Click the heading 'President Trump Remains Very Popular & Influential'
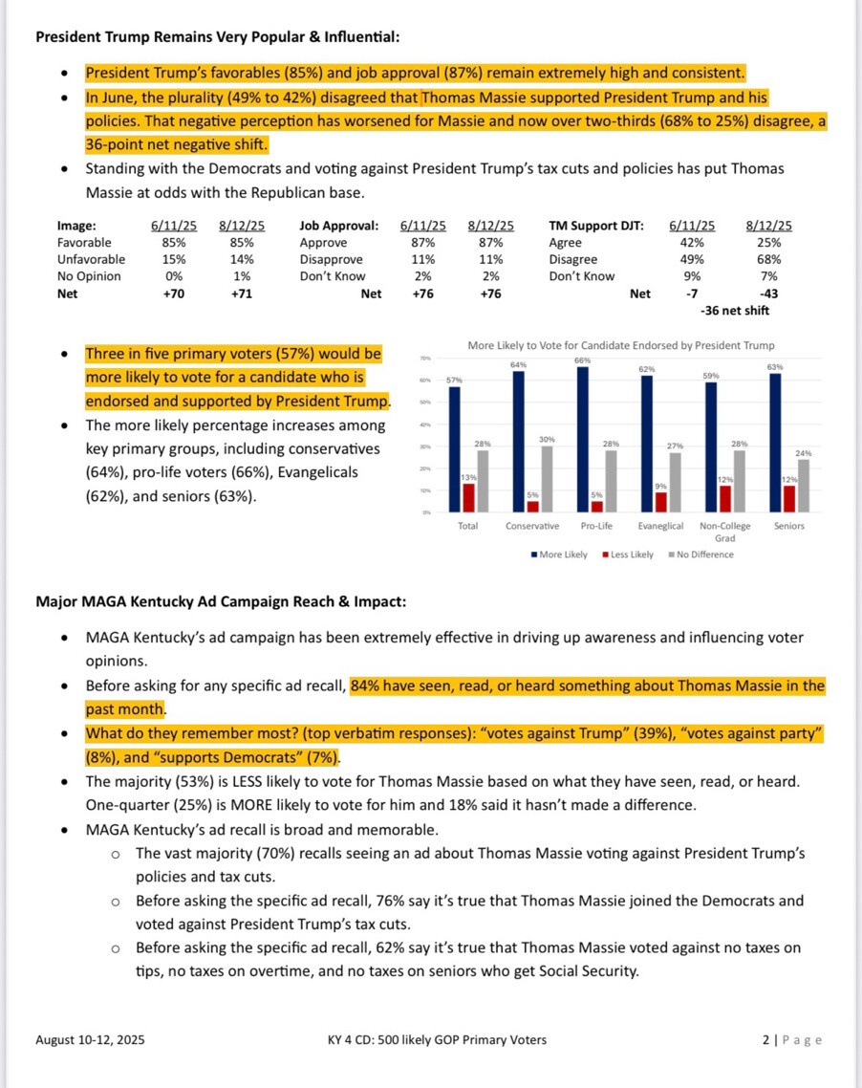pyautogui.click(x=217, y=37)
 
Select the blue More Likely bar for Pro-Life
pyautogui.click(x=581, y=439)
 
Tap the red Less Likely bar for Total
pyautogui.click(x=467, y=498)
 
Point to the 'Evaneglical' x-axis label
pyautogui.click(x=661, y=526)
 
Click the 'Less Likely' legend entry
pyautogui.click(x=628, y=555)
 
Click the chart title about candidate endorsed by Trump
pyautogui.click(x=620, y=345)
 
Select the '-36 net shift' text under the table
pyautogui.click(x=734, y=311)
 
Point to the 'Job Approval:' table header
pyautogui.click(x=338, y=226)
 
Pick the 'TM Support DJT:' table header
pyautogui.click(x=596, y=226)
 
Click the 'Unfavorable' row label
pyautogui.click(x=91, y=259)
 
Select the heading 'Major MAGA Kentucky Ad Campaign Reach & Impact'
pyautogui.click(x=221, y=602)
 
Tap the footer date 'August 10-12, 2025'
pyautogui.click(x=91, y=1040)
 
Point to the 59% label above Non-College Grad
pyautogui.click(x=710, y=376)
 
